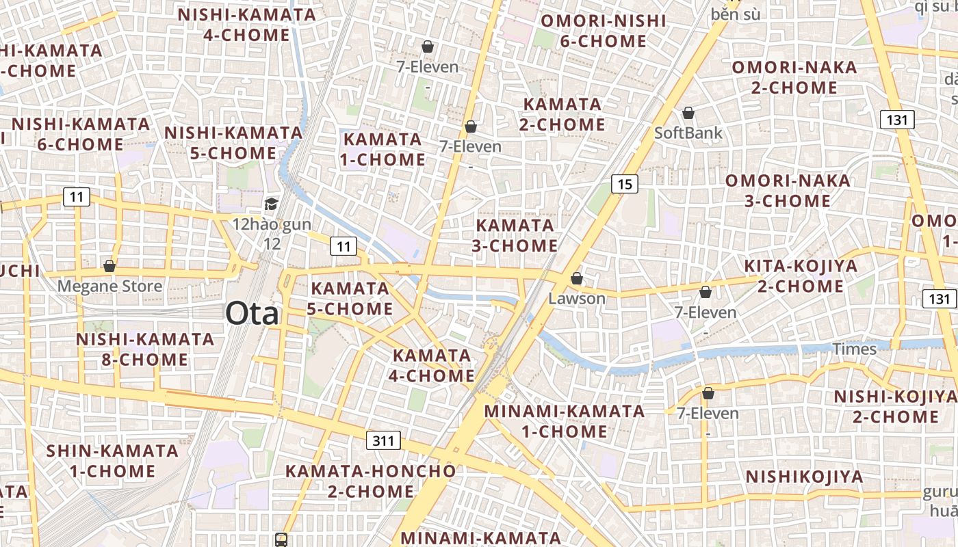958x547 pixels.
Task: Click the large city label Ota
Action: (253, 314)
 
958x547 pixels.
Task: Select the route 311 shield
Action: (383, 440)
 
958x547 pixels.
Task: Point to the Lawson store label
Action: (577, 299)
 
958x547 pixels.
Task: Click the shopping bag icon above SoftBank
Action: (688, 113)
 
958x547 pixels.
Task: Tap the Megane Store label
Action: (109, 286)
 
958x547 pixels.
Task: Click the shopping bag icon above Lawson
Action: (577, 278)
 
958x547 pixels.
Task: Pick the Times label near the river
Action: (854, 349)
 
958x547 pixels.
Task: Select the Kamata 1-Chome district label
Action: (383, 149)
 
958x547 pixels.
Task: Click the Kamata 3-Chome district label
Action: (515, 235)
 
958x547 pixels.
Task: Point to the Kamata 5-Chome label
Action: (350, 298)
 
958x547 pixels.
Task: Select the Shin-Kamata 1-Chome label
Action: (112, 461)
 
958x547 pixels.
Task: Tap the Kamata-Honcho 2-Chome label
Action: (370, 481)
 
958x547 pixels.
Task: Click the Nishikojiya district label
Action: (804, 477)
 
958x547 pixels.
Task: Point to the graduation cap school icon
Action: (272, 204)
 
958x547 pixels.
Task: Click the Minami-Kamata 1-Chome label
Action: (564, 421)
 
